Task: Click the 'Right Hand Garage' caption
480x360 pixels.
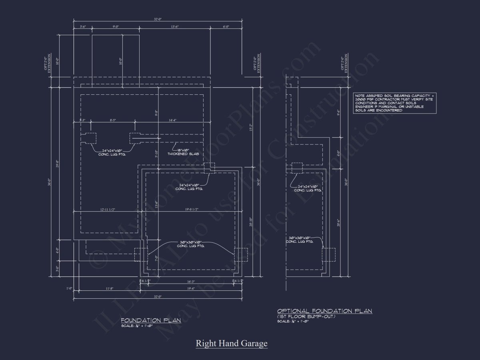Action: (x=231, y=343)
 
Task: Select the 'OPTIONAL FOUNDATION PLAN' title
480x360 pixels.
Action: (x=324, y=311)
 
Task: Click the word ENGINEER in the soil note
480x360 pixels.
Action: (x=364, y=107)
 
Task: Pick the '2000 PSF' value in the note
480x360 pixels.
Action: (x=364, y=100)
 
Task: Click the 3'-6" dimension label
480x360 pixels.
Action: (x=83, y=27)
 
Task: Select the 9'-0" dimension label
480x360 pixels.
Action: (x=116, y=27)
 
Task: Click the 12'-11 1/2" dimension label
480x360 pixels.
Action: (x=108, y=209)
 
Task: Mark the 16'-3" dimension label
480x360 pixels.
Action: (x=190, y=282)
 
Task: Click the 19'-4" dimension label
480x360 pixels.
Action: (x=190, y=289)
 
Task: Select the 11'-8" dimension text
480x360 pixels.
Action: (x=110, y=289)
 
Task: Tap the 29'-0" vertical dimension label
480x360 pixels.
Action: (x=58, y=164)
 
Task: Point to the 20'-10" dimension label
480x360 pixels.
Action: (x=250, y=222)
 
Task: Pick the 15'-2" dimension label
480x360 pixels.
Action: (x=250, y=128)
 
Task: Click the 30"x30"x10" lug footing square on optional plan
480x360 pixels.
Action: (x=328, y=254)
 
